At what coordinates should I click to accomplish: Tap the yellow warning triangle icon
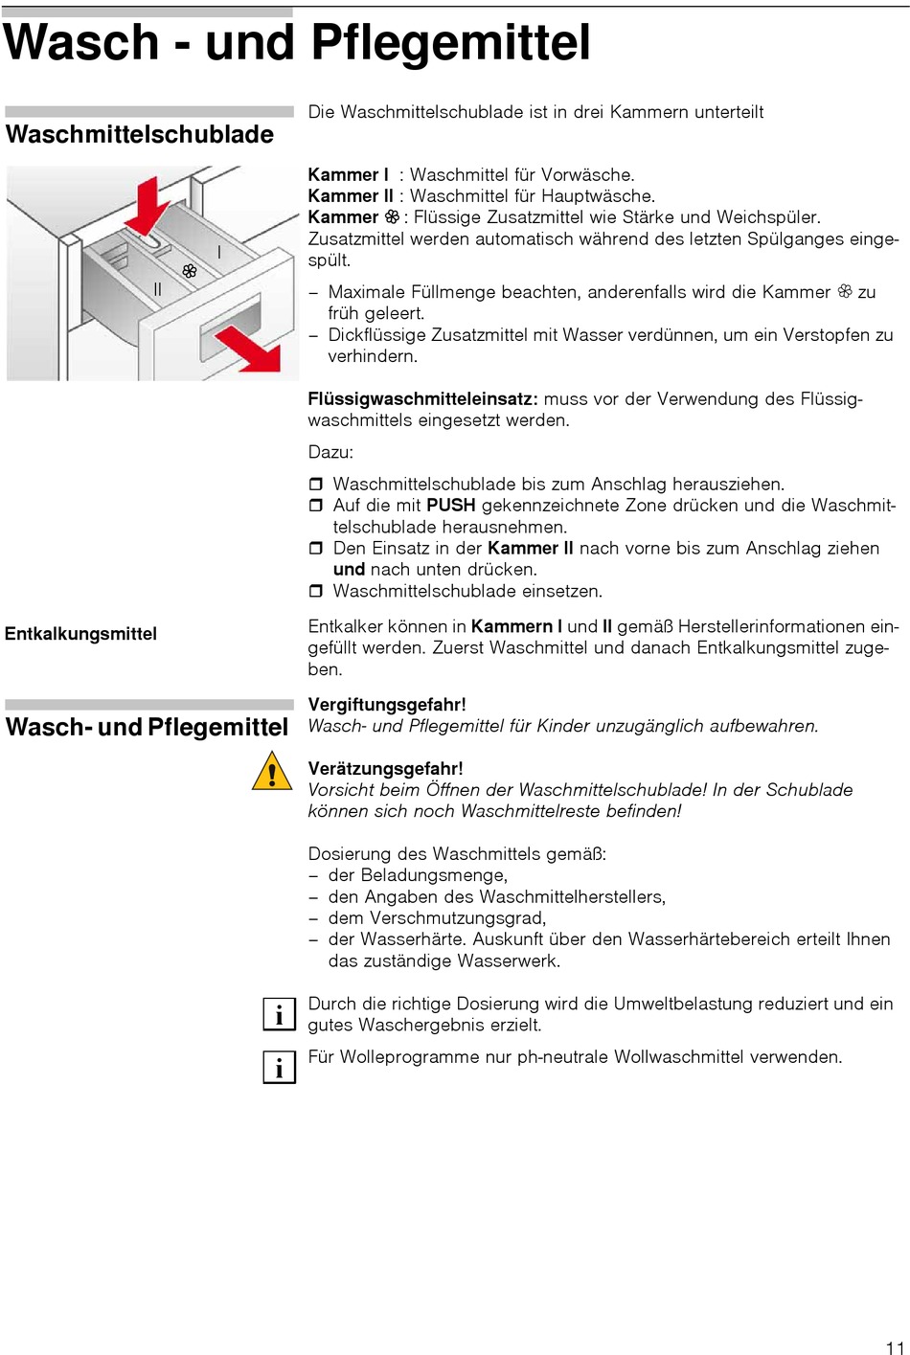pos(272,771)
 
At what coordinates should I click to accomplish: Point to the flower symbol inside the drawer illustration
pos(190,271)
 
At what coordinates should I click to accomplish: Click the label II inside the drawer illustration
pos(158,289)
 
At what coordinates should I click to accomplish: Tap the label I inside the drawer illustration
pos(219,253)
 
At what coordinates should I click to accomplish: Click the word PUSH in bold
pos(451,506)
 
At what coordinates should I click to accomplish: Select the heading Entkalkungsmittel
pos(80,634)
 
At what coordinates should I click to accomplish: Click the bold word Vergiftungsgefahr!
pos(387,705)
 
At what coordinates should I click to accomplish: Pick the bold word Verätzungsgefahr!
pos(385,769)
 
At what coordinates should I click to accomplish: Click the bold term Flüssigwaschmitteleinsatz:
pos(422,399)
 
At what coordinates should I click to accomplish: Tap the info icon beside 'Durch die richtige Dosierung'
pos(279,1014)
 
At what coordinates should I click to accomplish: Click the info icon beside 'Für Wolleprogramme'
pos(279,1067)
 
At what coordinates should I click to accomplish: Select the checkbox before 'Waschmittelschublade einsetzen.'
pos(316,592)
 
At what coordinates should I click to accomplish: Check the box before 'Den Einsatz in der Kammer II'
pos(316,549)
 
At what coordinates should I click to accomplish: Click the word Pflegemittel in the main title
pos(450,43)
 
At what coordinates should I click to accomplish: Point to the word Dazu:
pos(330,452)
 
